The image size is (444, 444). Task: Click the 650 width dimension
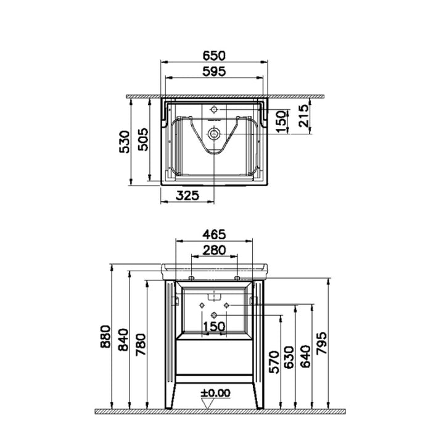(214, 55)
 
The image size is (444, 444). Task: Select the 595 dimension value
(214, 72)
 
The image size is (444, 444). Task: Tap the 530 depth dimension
(125, 142)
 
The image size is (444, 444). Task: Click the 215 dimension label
(303, 115)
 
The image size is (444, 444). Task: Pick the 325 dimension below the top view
(187, 195)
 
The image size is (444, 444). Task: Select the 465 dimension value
(214, 234)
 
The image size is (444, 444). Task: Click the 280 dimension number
(215, 250)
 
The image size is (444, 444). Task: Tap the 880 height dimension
(105, 337)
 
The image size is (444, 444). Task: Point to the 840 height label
(123, 340)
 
